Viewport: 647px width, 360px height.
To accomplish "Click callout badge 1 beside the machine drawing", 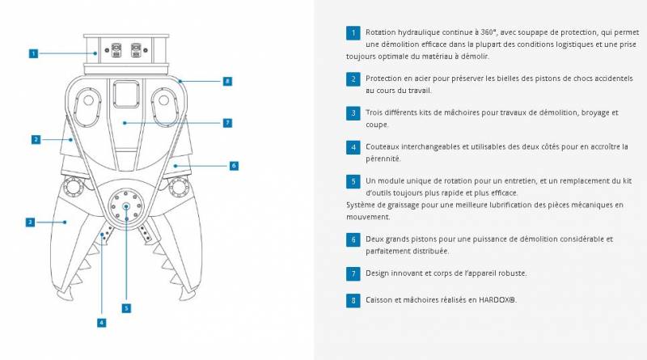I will (x=34, y=53).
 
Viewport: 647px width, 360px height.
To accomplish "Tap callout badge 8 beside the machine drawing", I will (x=228, y=81).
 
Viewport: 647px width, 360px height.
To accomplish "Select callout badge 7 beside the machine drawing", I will (x=228, y=123).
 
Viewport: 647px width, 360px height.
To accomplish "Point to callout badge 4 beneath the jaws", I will (x=101, y=322).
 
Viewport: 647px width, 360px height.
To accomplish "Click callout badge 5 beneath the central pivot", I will (x=126, y=307).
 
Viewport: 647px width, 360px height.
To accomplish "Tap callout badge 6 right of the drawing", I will (x=234, y=165).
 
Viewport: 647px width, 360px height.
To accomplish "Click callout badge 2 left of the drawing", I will (x=36, y=139).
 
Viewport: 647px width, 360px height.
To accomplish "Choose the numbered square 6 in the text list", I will (x=353, y=239).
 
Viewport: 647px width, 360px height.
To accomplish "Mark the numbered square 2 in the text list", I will (x=353, y=78).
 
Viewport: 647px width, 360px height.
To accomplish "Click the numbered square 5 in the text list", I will (x=353, y=181).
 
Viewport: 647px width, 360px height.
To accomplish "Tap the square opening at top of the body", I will (x=126, y=95).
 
